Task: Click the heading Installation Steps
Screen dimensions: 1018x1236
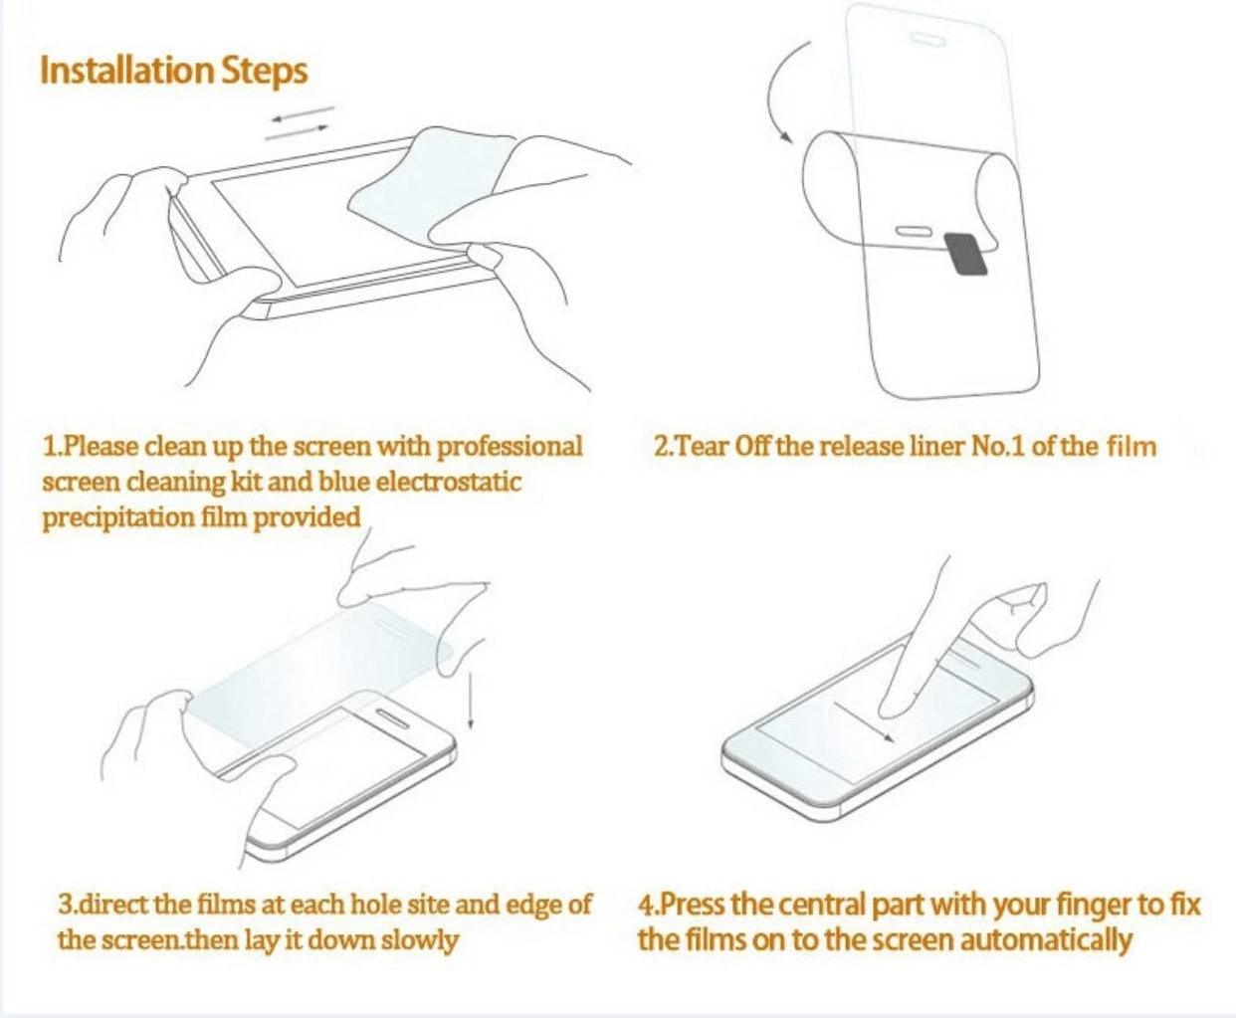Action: pyautogui.click(x=173, y=71)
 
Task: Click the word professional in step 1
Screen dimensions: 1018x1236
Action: pyautogui.click(x=510, y=446)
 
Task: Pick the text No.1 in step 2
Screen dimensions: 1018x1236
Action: pyautogui.click(x=998, y=446)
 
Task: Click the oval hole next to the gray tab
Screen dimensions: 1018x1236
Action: pyautogui.click(x=914, y=232)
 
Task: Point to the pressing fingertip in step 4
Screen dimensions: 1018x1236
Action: pyautogui.click(x=895, y=706)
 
